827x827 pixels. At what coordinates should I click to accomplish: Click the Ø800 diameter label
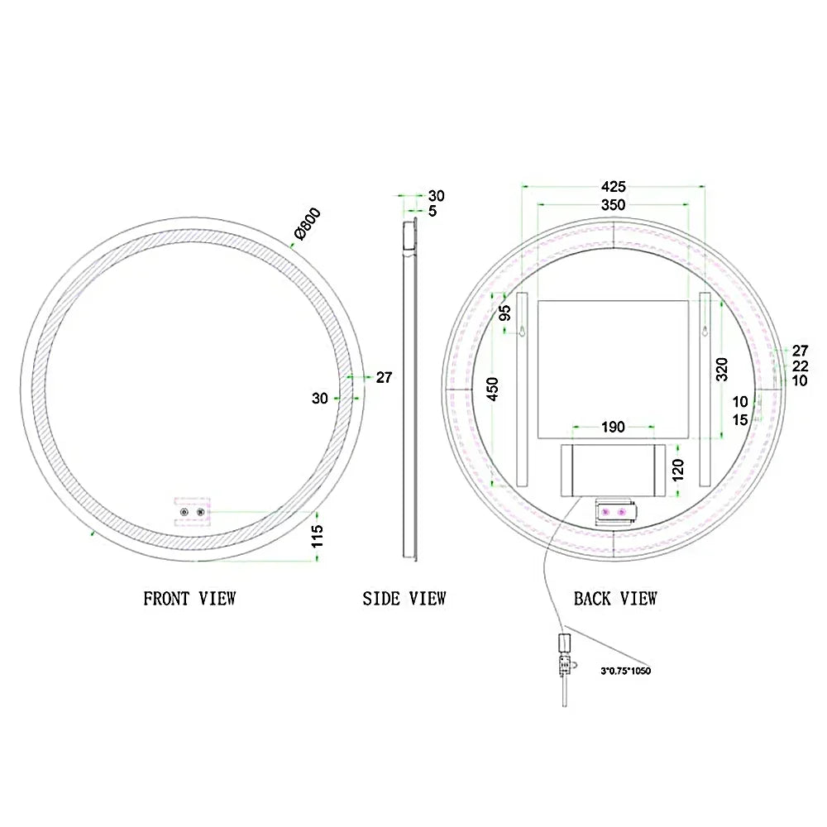(x=308, y=223)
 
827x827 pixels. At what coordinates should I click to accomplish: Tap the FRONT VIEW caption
(x=189, y=599)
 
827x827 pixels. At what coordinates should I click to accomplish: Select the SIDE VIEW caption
(x=404, y=599)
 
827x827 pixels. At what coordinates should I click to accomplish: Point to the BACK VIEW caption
(x=615, y=599)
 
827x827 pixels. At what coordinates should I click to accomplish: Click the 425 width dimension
(x=614, y=187)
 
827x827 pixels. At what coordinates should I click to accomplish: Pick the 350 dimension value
(x=614, y=204)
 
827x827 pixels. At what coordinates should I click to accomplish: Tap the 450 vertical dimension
(x=492, y=390)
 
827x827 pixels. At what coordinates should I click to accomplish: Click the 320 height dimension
(x=721, y=369)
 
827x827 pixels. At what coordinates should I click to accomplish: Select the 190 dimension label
(x=613, y=427)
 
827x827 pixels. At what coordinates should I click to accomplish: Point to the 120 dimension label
(x=678, y=470)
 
